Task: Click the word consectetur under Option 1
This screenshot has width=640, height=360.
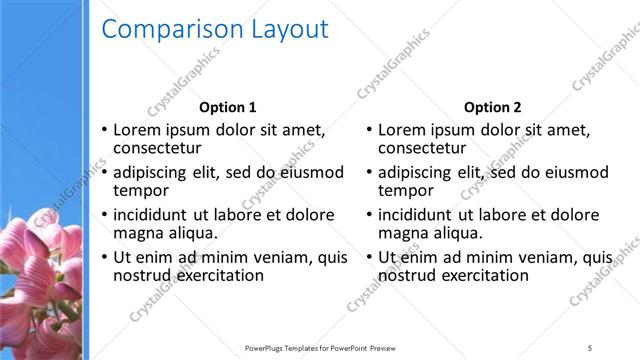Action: click(157, 148)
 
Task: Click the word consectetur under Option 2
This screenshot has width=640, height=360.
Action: click(423, 148)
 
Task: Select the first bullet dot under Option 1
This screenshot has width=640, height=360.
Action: click(104, 131)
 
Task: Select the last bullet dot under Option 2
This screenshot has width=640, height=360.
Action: click(370, 258)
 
